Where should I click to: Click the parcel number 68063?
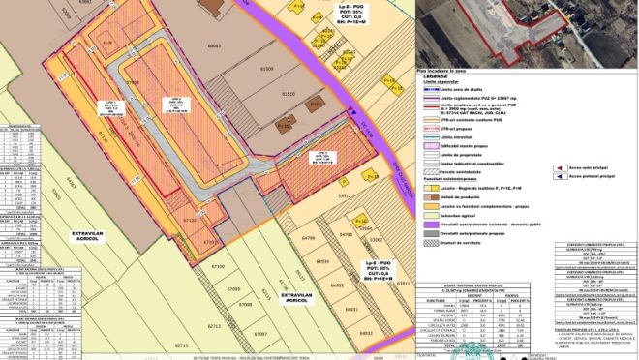pyautogui.click(x=214, y=46)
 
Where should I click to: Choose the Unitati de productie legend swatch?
pyautogui.click(x=426, y=195)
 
